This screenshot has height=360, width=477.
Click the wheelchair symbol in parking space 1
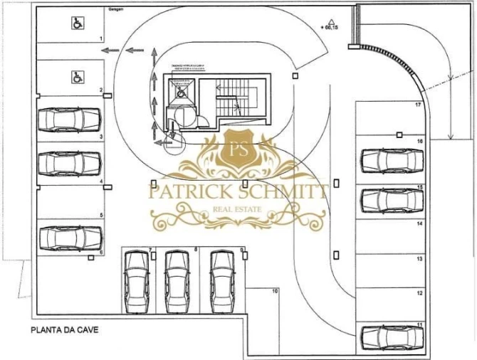76,23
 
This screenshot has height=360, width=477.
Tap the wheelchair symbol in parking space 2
76,77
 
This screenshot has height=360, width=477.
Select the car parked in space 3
69,120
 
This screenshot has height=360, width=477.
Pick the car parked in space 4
69,163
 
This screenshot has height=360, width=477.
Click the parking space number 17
420,105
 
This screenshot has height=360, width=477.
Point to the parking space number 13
420,259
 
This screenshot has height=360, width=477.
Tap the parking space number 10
275,291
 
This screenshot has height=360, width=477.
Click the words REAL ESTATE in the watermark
237,209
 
